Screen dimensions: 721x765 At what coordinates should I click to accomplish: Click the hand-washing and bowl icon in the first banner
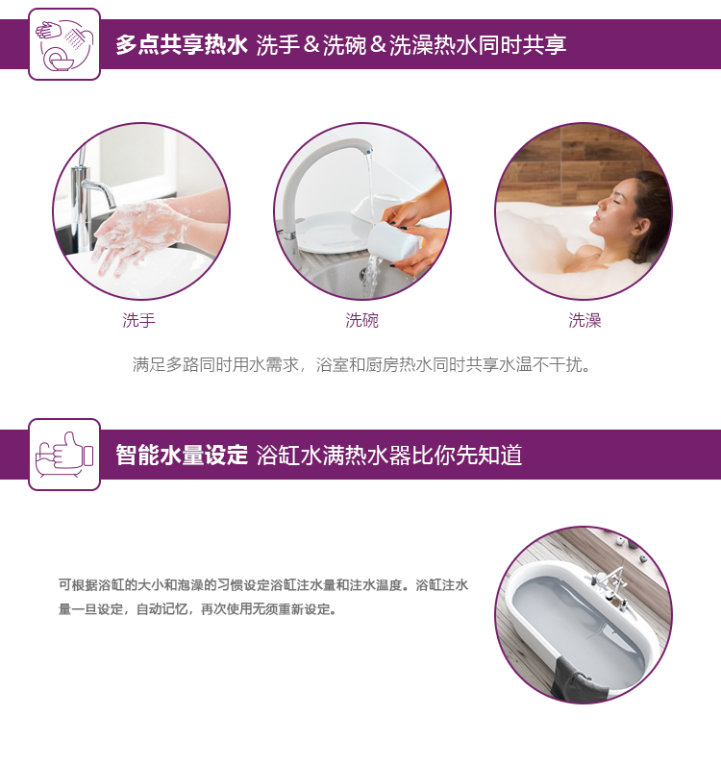[64, 44]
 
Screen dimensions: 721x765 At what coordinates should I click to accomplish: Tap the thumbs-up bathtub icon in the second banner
[64, 455]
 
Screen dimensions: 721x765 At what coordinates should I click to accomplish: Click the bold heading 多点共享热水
[182, 45]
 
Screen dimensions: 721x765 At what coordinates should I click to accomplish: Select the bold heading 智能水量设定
[182, 456]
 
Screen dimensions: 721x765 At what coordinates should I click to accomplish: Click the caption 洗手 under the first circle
[139, 321]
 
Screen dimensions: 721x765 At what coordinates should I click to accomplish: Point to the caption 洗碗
[361, 321]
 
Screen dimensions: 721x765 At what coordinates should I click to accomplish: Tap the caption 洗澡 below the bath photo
[584, 321]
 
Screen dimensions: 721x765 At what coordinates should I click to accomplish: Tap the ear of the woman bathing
[640, 227]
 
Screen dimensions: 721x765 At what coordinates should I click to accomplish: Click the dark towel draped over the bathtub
[576, 679]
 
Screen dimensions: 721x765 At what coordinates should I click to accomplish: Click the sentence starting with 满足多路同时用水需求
[361, 364]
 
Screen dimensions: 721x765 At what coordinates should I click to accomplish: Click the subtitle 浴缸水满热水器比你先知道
[389, 456]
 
